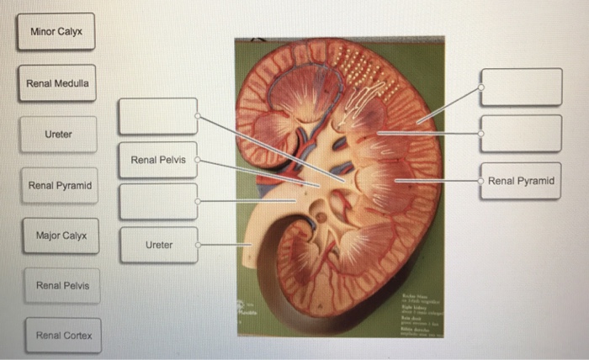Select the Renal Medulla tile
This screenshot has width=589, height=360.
(x=56, y=83)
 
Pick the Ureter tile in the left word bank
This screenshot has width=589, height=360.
(x=58, y=134)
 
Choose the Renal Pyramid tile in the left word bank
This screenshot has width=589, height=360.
(x=59, y=185)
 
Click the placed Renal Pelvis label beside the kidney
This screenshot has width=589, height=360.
(x=157, y=159)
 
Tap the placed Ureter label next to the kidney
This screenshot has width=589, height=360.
(x=158, y=245)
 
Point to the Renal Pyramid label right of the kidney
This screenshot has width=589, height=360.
(x=521, y=181)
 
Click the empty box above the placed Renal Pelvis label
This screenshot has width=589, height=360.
(x=157, y=116)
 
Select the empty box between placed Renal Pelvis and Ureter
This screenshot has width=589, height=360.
(x=157, y=202)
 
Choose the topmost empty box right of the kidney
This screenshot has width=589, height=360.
(x=521, y=87)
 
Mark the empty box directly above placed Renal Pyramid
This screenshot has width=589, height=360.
(x=521, y=134)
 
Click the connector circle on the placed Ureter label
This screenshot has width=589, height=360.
(x=198, y=245)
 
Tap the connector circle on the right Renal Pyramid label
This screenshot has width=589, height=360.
(x=481, y=181)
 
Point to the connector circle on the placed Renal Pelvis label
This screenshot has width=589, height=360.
(x=198, y=159)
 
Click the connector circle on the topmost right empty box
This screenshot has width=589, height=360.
(x=481, y=87)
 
